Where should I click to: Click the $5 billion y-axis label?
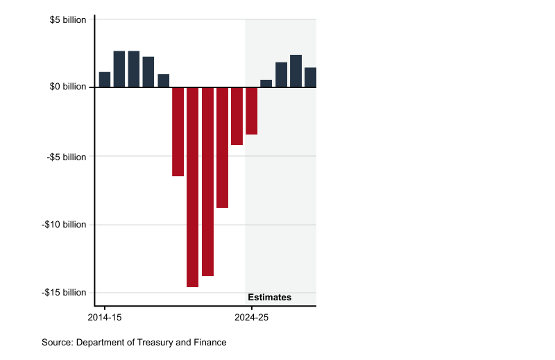(68, 19)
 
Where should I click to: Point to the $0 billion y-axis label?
(68, 87)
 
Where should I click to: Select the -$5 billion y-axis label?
(67, 157)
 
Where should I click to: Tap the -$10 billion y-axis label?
(64, 225)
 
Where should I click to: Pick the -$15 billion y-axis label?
(64, 293)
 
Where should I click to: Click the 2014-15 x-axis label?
(104, 317)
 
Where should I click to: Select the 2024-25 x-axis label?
(251, 317)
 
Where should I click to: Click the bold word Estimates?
(269, 298)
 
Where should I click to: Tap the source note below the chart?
(134, 343)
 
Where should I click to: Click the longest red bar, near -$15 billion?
(192, 187)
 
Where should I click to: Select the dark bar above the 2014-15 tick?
(105, 80)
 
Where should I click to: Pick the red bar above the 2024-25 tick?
(251, 111)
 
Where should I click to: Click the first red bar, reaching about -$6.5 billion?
(178, 132)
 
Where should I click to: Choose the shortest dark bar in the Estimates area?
(266, 84)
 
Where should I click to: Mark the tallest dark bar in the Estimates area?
(296, 71)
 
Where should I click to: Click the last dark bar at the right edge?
(310, 78)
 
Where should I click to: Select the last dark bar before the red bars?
(163, 80)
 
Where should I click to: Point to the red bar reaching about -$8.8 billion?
(222, 147)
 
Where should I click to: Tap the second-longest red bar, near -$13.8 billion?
(207, 182)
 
